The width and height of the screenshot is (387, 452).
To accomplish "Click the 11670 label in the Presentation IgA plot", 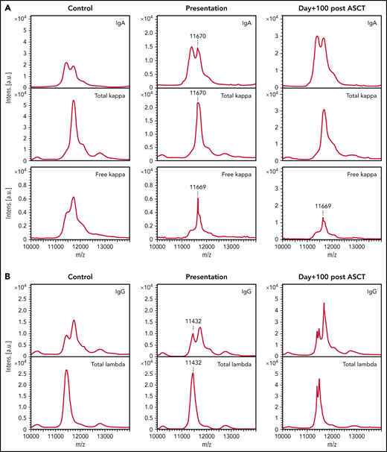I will pyautogui.click(x=198, y=34).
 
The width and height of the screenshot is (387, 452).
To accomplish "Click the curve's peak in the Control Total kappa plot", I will pyautogui.click(x=74, y=101).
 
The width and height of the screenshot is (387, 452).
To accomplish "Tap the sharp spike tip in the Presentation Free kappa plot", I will pyautogui.click(x=198, y=198).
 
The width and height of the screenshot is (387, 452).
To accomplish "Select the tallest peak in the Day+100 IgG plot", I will pyautogui.click(x=324, y=303).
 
